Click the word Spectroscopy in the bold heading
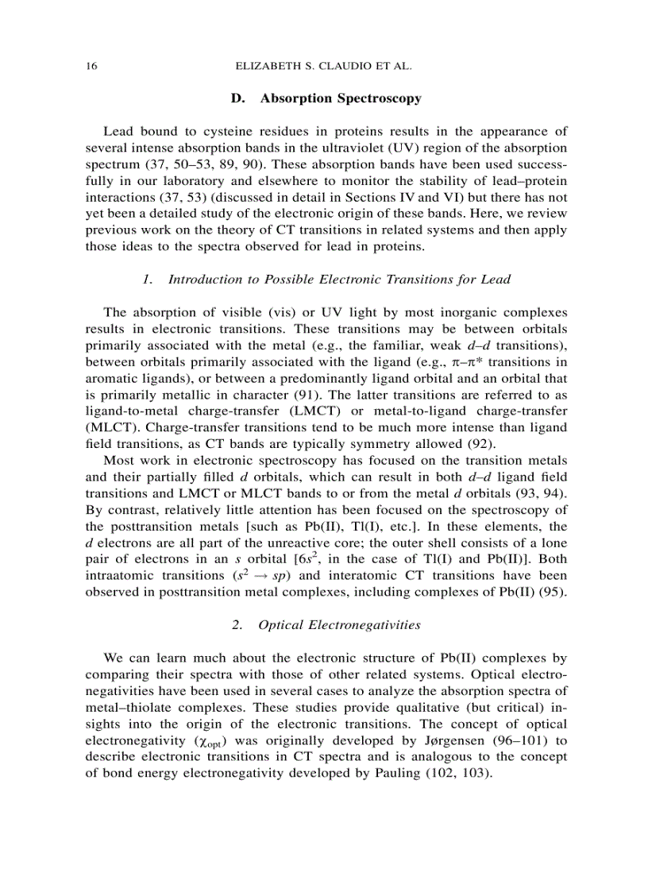pyautogui.click(x=379, y=99)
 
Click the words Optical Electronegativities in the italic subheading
pyautogui.click(x=339, y=624)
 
